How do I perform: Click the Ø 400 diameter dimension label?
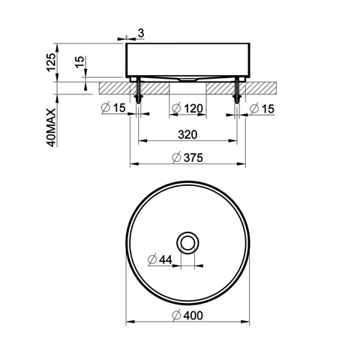(x=187, y=316)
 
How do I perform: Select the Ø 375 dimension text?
(x=187, y=157)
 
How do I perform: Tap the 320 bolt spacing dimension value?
(x=187, y=135)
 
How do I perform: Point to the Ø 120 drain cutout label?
(x=187, y=109)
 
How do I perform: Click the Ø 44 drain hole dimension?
(x=160, y=259)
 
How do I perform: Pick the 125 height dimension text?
(x=52, y=62)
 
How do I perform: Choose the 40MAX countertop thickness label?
(x=52, y=127)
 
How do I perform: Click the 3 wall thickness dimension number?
(x=141, y=33)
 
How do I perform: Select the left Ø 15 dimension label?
(x=113, y=108)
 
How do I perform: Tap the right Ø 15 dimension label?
(x=262, y=109)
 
